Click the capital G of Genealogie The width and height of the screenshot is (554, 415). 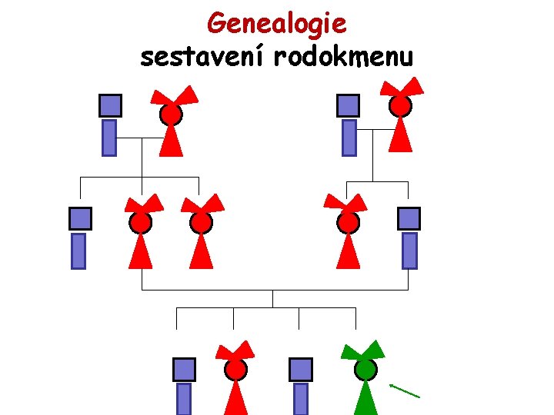tap(217, 24)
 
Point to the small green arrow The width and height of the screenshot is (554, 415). tap(405, 390)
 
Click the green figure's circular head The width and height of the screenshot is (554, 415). tap(365, 370)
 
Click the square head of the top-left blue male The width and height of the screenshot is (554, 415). tap(111, 105)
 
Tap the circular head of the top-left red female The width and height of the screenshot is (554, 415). tap(171, 115)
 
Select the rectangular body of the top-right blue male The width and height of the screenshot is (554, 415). tap(349, 138)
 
